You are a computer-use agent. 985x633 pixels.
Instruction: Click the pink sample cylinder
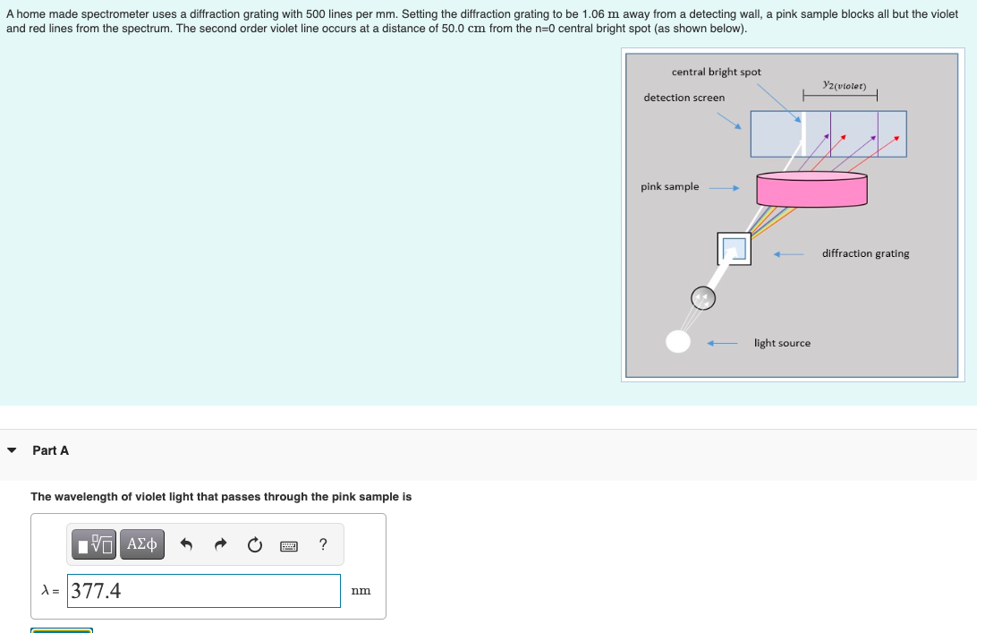click(811, 189)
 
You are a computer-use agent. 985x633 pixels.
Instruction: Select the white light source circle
click(678, 341)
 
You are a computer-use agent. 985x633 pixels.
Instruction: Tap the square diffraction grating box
click(734, 248)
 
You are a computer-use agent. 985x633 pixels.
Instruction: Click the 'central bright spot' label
click(716, 72)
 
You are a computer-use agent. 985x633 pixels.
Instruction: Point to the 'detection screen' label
click(684, 98)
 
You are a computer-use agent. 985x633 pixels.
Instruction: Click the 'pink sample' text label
click(670, 187)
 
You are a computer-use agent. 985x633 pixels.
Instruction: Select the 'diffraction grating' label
click(866, 253)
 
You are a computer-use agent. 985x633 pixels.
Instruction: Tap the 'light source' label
click(782, 343)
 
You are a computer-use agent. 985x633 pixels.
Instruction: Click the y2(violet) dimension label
click(845, 85)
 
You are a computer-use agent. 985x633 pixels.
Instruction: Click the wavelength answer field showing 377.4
click(204, 591)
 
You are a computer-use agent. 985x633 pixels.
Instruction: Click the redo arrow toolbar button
click(220, 544)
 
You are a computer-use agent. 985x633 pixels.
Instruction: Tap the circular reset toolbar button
click(254, 544)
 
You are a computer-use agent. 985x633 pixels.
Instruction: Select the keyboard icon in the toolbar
click(289, 545)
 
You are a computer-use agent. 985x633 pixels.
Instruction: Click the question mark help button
click(323, 544)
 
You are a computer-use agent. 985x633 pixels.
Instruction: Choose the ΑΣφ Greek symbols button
click(142, 544)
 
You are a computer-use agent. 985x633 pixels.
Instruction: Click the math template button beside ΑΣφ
click(94, 544)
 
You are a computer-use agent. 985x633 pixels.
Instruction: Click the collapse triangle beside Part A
click(12, 450)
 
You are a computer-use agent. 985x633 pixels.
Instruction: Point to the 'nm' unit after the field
click(361, 591)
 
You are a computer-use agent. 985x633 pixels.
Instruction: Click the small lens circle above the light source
click(703, 298)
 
